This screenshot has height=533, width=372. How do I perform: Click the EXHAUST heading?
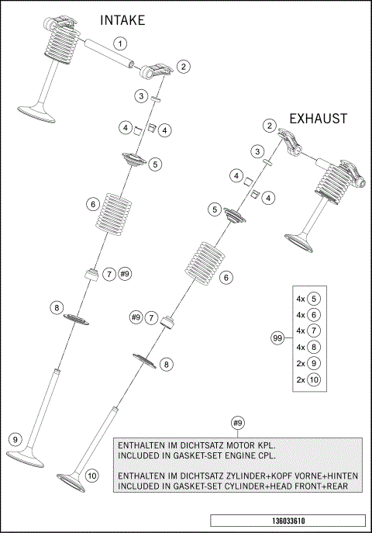(x=318, y=119)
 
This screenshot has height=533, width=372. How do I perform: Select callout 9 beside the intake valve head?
(x=15, y=439)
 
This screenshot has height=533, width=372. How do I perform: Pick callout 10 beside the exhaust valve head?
(x=92, y=475)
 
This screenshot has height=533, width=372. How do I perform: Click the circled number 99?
(x=277, y=338)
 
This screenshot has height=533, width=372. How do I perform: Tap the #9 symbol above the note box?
(x=239, y=422)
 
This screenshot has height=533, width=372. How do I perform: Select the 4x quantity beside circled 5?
(x=300, y=298)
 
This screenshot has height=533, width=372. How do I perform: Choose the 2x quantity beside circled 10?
(x=300, y=379)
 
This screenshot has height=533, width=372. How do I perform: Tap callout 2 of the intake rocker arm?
(x=183, y=67)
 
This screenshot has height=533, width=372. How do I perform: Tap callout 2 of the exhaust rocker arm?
(x=269, y=125)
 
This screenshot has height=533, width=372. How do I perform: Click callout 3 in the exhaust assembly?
(x=256, y=151)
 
